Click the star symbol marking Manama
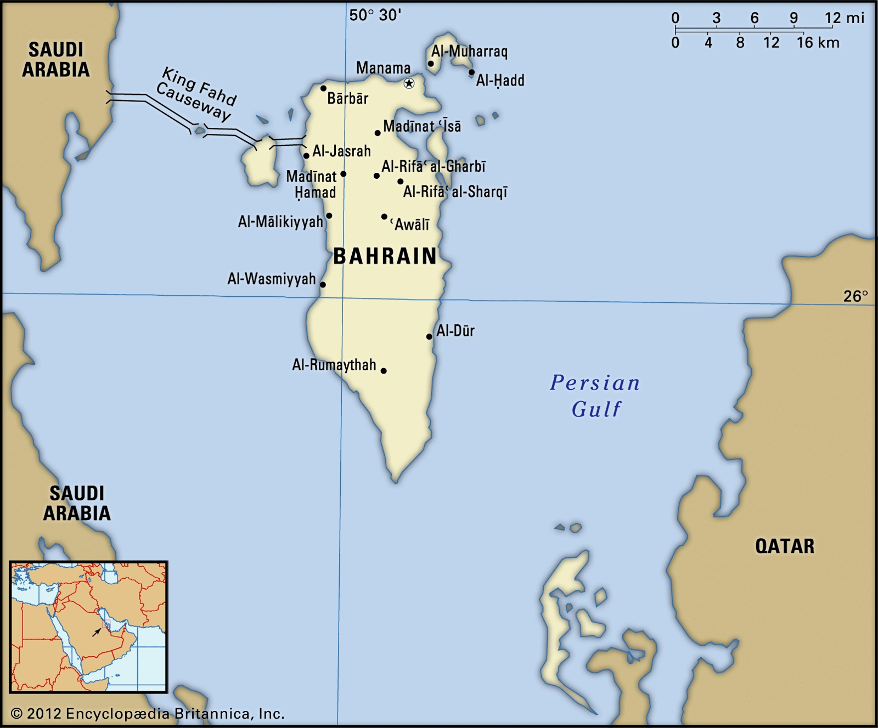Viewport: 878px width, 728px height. pos(409,83)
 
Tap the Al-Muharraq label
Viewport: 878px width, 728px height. pos(469,52)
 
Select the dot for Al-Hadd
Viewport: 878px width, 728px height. pos(471,72)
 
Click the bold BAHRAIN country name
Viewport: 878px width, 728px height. pos(385,256)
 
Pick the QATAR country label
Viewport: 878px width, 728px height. pos(785,546)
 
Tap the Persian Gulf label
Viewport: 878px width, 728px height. pos(595,396)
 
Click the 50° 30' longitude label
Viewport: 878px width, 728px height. pos(375,15)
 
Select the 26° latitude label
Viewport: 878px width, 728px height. pos(856,296)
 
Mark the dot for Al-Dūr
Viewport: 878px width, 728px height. pos(429,336)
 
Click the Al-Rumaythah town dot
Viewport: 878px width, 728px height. pos(384,371)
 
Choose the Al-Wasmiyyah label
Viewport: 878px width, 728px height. pos(272,279)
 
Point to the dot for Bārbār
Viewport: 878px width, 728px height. pos(323,88)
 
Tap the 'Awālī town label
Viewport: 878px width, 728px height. pos(410,224)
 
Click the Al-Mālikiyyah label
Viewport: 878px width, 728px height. pos(280,222)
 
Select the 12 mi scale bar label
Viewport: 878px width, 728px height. pos(844,18)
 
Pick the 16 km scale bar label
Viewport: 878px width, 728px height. pos(818,43)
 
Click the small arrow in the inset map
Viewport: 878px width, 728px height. pos(97,632)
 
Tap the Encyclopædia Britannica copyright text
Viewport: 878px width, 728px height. pos(148,713)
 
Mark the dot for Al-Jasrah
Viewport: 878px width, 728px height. pos(306,156)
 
